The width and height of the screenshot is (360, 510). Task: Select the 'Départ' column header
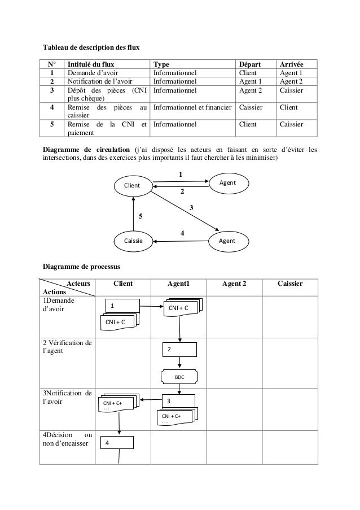pyautogui.click(x=252, y=64)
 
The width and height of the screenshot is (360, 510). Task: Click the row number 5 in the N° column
pyautogui.click(x=51, y=124)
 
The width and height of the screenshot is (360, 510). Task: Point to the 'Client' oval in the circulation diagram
pyautogui.click(x=133, y=185)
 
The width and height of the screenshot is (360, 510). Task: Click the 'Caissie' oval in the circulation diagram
pyautogui.click(x=133, y=241)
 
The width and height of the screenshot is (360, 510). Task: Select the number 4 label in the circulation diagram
pyautogui.click(x=182, y=233)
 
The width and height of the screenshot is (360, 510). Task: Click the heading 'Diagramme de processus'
pyautogui.click(x=81, y=265)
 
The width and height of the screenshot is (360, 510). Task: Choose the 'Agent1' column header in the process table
pyautogui.click(x=179, y=284)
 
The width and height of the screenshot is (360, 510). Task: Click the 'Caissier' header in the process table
pyautogui.click(x=291, y=284)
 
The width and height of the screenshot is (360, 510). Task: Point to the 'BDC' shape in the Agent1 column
pyautogui.click(x=179, y=376)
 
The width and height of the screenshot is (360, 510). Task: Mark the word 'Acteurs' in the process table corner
pyautogui.click(x=78, y=284)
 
